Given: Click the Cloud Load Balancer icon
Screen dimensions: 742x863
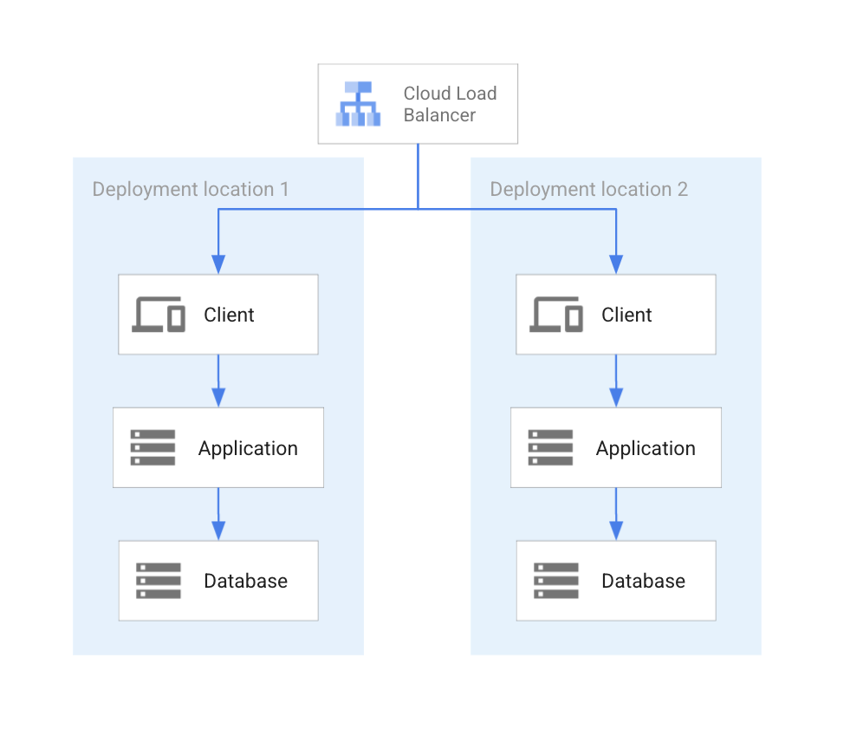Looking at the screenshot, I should click(359, 104).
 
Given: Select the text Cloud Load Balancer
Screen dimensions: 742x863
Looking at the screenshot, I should click(450, 104).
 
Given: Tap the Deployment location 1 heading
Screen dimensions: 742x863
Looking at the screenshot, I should click(191, 189).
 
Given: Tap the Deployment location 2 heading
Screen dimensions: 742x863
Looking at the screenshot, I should click(588, 189).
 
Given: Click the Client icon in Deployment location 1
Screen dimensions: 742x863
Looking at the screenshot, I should click(158, 315).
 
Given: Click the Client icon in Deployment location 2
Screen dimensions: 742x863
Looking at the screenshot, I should click(555, 315).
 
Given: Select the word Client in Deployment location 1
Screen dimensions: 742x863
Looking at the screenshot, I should click(229, 315).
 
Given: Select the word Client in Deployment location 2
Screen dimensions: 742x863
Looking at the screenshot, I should click(626, 315).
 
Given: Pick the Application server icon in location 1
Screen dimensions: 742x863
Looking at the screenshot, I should click(152, 448).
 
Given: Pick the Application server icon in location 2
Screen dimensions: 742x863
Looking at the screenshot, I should click(550, 448).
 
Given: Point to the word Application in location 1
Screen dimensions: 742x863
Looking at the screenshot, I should click(248, 448).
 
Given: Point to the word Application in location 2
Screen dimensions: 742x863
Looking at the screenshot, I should click(646, 448).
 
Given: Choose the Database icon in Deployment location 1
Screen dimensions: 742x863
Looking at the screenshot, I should click(158, 581).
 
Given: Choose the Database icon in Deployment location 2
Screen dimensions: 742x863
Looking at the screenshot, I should click(555, 581).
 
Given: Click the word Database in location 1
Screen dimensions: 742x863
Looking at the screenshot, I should click(245, 581).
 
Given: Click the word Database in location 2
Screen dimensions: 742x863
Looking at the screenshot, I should click(643, 581).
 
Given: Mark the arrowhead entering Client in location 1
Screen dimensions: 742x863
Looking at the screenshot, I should click(218, 264).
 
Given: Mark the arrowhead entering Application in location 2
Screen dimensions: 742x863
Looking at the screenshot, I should click(616, 397).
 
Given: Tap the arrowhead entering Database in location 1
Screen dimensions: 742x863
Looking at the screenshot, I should click(218, 530).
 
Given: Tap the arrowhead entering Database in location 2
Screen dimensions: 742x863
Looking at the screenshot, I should click(616, 530).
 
